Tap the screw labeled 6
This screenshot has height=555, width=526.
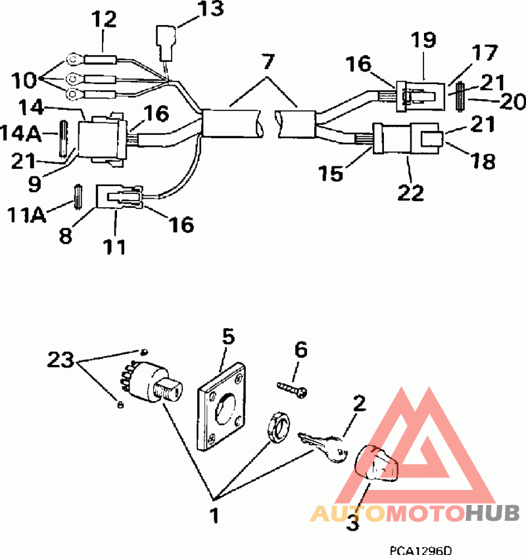pos(292,389)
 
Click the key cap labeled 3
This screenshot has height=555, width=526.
pos(377,464)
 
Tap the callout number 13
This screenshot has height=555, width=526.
pos(211,9)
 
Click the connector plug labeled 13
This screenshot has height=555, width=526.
pos(166,43)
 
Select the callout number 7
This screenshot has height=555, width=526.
pos(268,62)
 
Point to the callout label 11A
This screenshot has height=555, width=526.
pos(27,214)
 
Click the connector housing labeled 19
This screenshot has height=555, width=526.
pos(420,96)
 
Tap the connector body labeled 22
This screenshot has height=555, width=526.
pos(408,138)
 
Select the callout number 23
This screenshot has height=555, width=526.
pos(61,359)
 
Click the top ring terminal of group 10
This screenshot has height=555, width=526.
pos(73,60)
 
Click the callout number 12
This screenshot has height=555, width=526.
pos(104,19)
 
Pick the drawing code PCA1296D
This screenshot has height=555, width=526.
pos(421,550)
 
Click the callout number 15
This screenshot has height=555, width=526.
pos(331,173)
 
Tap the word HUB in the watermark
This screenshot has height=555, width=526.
pos(492,513)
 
